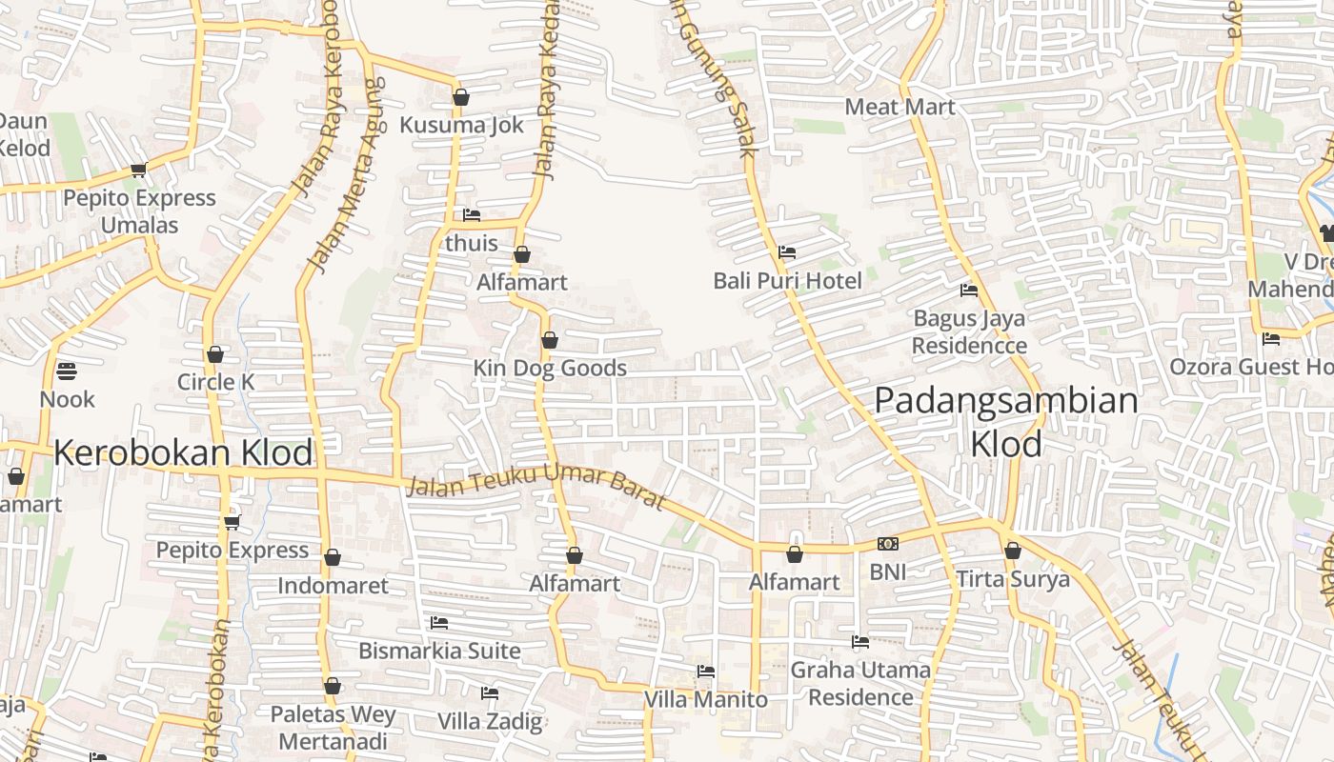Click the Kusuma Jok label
point(461,125)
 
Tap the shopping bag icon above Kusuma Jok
point(461,97)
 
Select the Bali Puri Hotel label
point(787,280)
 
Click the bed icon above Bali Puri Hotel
point(787,252)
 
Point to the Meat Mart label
point(899,107)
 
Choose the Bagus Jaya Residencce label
point(969,331)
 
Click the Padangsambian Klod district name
point(1006,421)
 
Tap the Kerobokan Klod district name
point(183,452)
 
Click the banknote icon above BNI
point(887,544)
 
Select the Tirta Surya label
point(1013,579)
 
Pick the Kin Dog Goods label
point(550,368)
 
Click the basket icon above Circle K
point(215,354)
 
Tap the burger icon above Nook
point(67,371)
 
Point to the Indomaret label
point(333,585)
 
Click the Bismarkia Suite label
point(439,651)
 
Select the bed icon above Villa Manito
point(705,672)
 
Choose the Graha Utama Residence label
point(860,683)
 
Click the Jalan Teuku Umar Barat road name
point(536,488)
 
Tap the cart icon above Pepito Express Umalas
point(138,170)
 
